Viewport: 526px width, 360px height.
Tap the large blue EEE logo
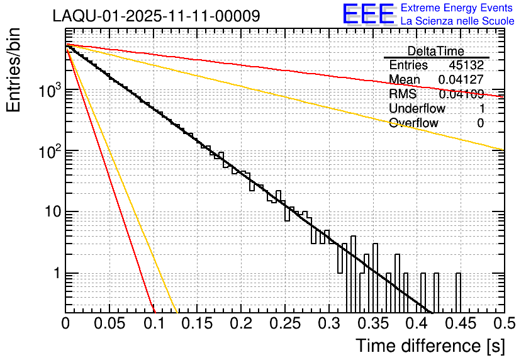[x=368, y=15]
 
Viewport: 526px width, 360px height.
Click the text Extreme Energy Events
[x=457, y=8]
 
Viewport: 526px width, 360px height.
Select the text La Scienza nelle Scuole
[x=457, y=21]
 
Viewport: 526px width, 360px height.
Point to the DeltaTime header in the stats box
[x=435, y=51]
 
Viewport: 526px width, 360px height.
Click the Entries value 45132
[x=466, y=65]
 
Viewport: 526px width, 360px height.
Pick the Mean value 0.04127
[x=461, y=80]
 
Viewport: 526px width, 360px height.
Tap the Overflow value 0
[x=480, y=123]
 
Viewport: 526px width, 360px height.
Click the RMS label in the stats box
[x=403, y=94]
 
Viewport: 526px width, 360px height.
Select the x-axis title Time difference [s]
[x=430, y=346]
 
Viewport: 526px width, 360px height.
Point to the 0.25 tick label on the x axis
[x=285, y=323]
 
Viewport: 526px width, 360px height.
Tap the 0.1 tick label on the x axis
[x=154, y=323]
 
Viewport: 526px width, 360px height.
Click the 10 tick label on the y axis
[x=52, y=212]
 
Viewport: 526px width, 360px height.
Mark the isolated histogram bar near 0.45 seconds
[x=458, y=293]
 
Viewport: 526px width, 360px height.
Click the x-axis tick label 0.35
[x=373, y=323]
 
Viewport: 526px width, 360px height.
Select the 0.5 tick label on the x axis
[x=504, y=323]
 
